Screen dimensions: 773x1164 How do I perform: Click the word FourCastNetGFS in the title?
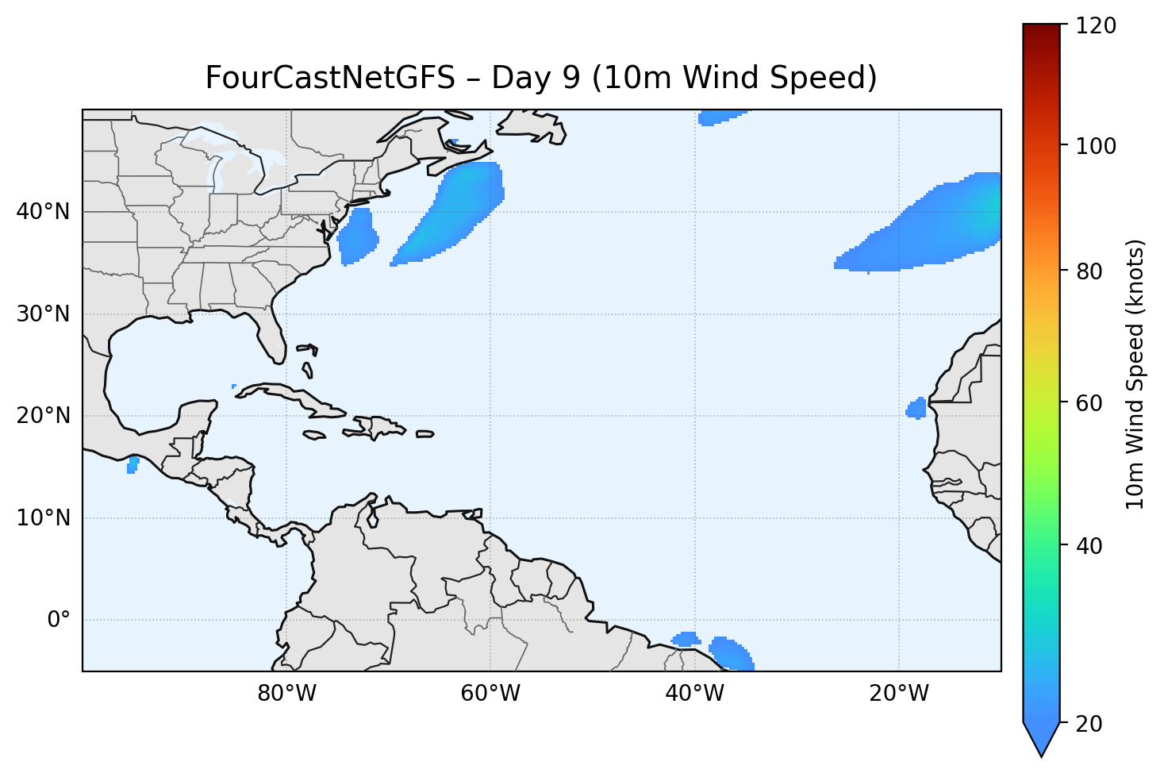(x=330, y=79)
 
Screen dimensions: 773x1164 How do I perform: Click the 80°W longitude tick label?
(x=286, y=694)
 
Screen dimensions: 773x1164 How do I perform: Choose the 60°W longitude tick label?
(x=490, y=694)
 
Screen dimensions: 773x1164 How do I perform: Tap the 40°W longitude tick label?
(x=694, y=694)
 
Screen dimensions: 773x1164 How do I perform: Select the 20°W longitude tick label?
(x=898, y=694)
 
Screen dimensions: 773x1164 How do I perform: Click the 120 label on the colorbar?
(x=1098, y=26)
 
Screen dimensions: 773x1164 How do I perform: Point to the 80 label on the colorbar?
(x=1092, y=271)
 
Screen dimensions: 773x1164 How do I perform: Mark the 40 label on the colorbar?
(x=1092, y=546)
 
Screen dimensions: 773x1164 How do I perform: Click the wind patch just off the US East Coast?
(x=357, y=237)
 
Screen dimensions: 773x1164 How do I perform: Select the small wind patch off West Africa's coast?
(x=916, y=410)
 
